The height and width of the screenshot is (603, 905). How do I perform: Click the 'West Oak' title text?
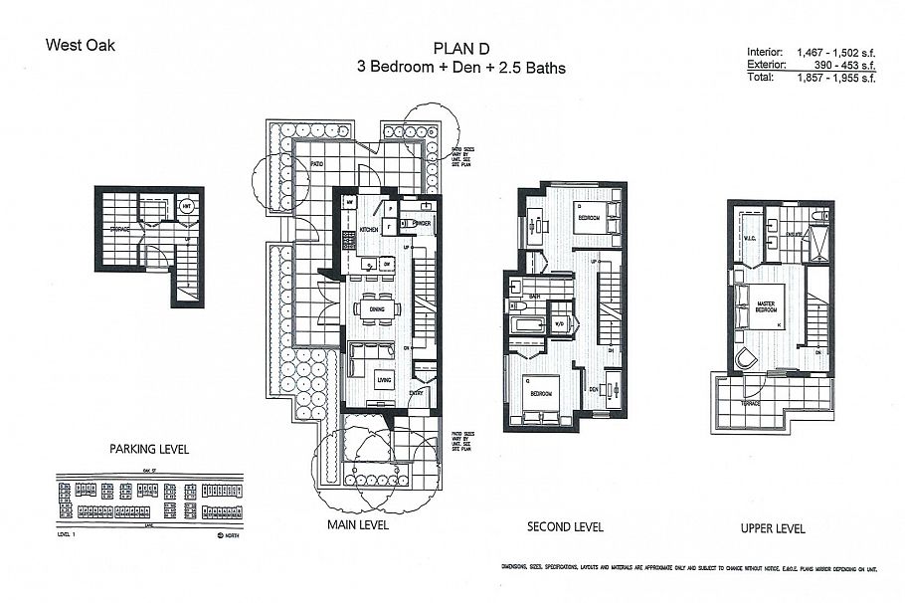[x=81, y=45]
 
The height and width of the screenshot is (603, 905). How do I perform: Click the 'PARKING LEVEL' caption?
[x=148, y=449]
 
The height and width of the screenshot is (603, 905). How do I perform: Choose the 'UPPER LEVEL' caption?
[x=773, y=527]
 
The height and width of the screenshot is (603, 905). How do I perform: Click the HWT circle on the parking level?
[x=186, y=207]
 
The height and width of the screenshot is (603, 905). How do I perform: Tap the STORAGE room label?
[x=119, y=229]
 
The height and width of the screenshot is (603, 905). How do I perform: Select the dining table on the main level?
[x=378, y=308]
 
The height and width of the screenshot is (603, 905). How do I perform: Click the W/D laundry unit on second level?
[x=559, y=323]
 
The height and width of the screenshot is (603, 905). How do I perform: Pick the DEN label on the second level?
[x=594, y=388]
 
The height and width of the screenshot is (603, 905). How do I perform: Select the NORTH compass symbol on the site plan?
[x=220, y=534]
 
